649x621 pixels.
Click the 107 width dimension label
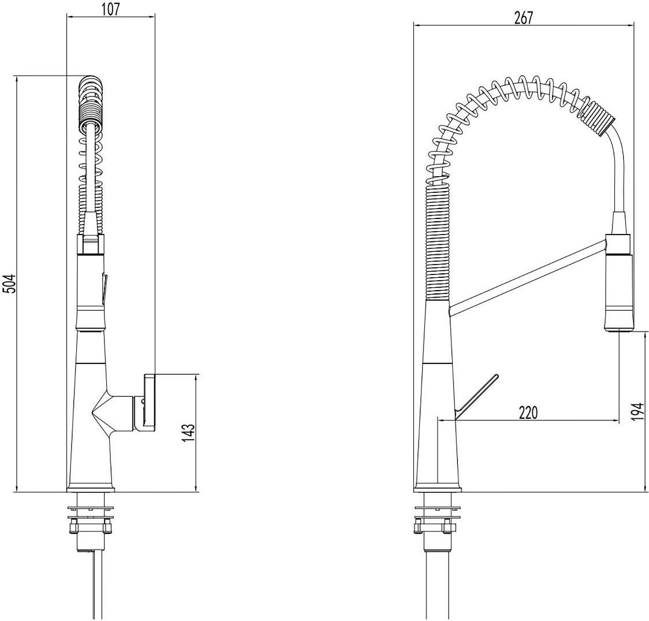click(110, 9)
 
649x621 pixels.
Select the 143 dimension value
click(188, 433)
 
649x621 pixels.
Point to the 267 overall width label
click(524, 18)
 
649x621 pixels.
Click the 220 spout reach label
click(527, 413)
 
